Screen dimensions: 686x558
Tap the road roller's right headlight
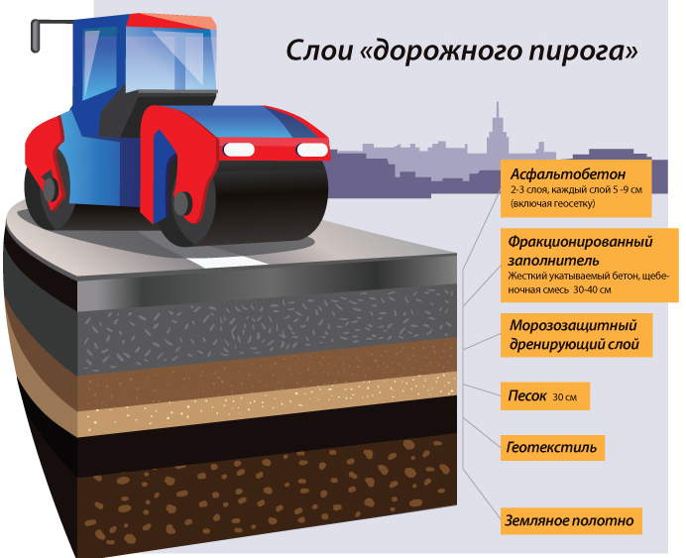click(x=312, y=150)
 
